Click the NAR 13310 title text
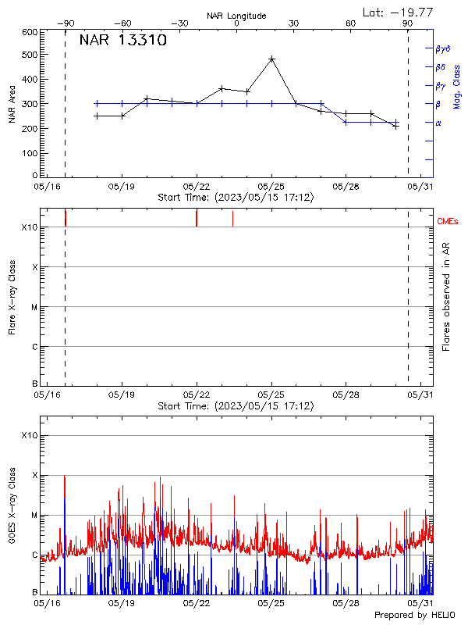click(x=122, y=41)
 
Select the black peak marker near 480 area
click(x=271, y=59)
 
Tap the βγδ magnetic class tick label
click(x=443, y=48)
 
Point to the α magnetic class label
click(x=438, y=123)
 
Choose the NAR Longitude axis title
click(x=236, y=15)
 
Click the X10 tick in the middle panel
click(x=30, y=227)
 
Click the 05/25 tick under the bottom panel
click(x=271, y=603)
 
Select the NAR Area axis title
click(x=12, y=104)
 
